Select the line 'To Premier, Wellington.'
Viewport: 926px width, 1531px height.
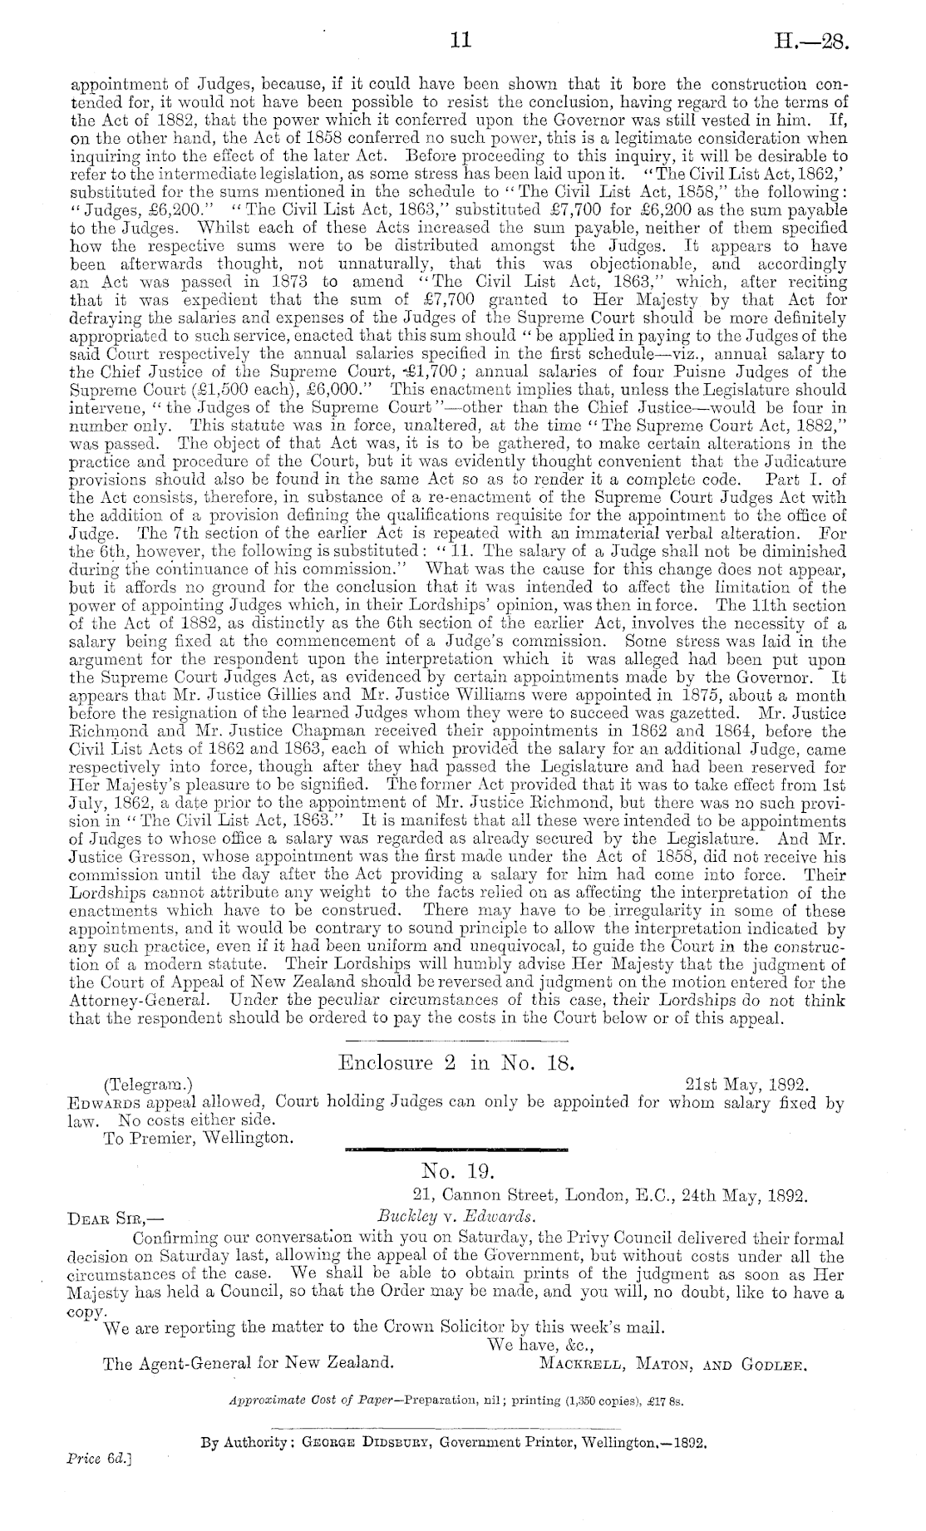pos(198,1137)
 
